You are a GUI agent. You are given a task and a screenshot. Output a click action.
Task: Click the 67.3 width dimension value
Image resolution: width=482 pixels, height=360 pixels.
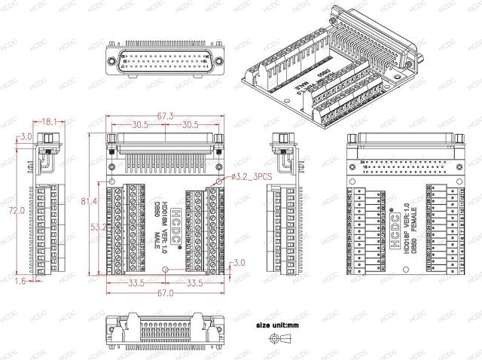166,116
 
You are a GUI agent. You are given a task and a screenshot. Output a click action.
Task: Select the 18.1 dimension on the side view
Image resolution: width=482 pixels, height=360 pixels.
50,121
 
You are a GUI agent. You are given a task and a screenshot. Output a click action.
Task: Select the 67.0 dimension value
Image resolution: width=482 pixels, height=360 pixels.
166,294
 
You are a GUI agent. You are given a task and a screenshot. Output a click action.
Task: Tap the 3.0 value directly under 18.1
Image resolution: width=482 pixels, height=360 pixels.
26,136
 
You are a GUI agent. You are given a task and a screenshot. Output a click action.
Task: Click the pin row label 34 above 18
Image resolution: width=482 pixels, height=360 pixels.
362,161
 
